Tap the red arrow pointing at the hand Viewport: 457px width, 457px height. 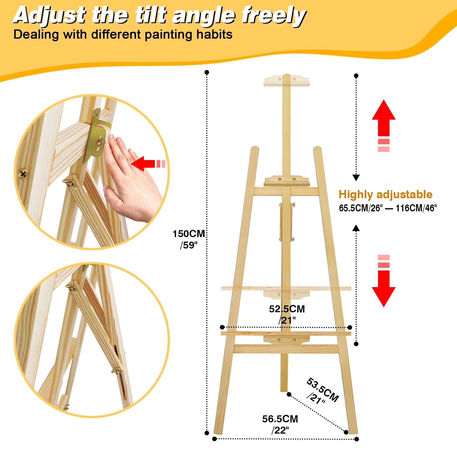tap(144, 164)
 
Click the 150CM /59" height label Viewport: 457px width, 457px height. tap(189, 239)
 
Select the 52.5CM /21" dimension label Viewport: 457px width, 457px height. tap(287, 314)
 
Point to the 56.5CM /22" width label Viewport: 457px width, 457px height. tap(280, 424)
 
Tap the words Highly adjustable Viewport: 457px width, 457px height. tap(385, 195)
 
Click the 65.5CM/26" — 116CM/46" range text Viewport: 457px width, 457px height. tap(388, 208)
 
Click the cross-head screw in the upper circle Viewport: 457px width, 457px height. tap(23, 173)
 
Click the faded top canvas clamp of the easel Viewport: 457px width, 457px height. tap(286, 81)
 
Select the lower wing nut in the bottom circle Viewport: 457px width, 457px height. tap(117, 371)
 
